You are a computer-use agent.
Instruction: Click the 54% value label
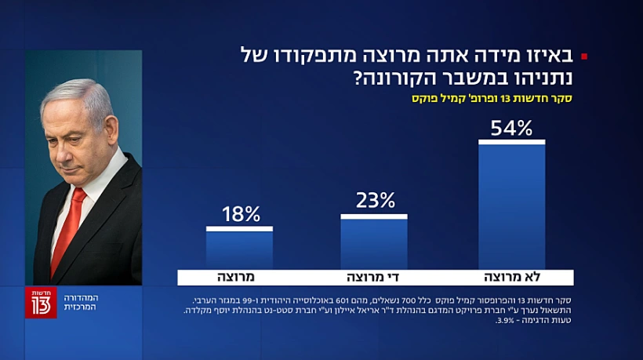pyautogui.click(x=511, y=128)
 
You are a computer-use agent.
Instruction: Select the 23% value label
pyautogui.click(x=375, y=201)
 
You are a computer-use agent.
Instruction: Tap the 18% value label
pyautogui.click(x=240, y=215)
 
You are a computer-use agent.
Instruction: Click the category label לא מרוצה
pyautogui.click(x=511, y=278)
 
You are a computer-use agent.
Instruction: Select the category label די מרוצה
pyautogui.click(x=374, y=278)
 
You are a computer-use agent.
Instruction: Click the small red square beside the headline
pyautogui.click(x=583, y=56)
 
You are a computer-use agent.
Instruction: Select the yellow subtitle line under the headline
pyautogui.click(x=491, y=100)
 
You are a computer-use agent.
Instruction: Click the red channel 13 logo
pyautogui.click(x=41, y=302)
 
